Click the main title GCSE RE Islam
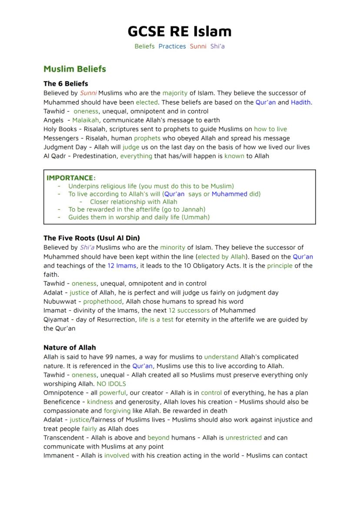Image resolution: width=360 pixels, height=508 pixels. tap(180, 31)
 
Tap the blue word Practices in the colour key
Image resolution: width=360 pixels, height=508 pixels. tap(172, 46)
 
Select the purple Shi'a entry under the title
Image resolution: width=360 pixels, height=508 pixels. tap(217, 46)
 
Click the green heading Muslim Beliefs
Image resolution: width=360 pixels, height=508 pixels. tap(74, 69)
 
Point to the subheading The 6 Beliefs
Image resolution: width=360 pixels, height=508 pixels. tap(66, 83)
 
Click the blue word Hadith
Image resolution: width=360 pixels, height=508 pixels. tap(301, 103)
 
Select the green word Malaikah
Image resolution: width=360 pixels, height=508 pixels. tap(86, 120)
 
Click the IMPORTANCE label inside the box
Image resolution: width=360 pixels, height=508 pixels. tap(70, 178)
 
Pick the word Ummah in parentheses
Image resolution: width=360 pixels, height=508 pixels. tap(195, 217)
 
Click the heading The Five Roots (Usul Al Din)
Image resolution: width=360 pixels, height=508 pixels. tap(92, 238)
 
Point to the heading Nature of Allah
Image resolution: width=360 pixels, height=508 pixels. tap(70, 348)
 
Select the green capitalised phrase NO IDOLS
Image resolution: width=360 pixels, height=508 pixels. tap(111, 384)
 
